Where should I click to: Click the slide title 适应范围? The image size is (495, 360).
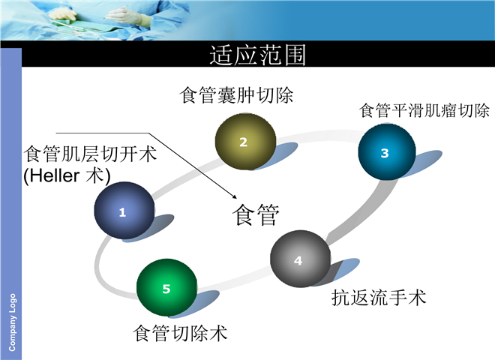[x=257, y=55]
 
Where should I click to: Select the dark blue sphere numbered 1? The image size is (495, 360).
[x=124, y=210]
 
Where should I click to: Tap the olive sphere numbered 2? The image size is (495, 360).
[x=245, y=142]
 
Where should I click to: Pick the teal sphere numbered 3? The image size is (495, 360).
[x=387, y=151]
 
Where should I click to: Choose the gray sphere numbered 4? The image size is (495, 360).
[x=301, y=259]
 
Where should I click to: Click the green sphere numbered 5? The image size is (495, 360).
[x=167, y=288]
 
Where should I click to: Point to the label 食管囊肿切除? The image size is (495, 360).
[x=236, y=95]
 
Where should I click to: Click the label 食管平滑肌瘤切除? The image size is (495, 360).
[x=424, y=110]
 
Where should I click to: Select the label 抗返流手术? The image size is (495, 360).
[x=379, y=298]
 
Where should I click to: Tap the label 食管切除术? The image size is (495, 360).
[x=180, y=333]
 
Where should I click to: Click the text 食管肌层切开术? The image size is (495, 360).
[x=90, y=154]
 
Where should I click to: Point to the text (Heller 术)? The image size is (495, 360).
[x=67, y=175]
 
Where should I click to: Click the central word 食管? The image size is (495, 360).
[x=256, y=214]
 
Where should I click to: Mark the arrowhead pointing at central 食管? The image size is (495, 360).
[x=235, y=196]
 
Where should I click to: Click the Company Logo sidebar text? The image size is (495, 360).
[x=12, y=322]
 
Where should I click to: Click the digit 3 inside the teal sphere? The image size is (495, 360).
[x=385, y=153]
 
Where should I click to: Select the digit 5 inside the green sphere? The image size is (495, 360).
[x=166, y=289]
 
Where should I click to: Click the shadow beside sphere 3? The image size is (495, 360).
[x=421, y=163]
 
